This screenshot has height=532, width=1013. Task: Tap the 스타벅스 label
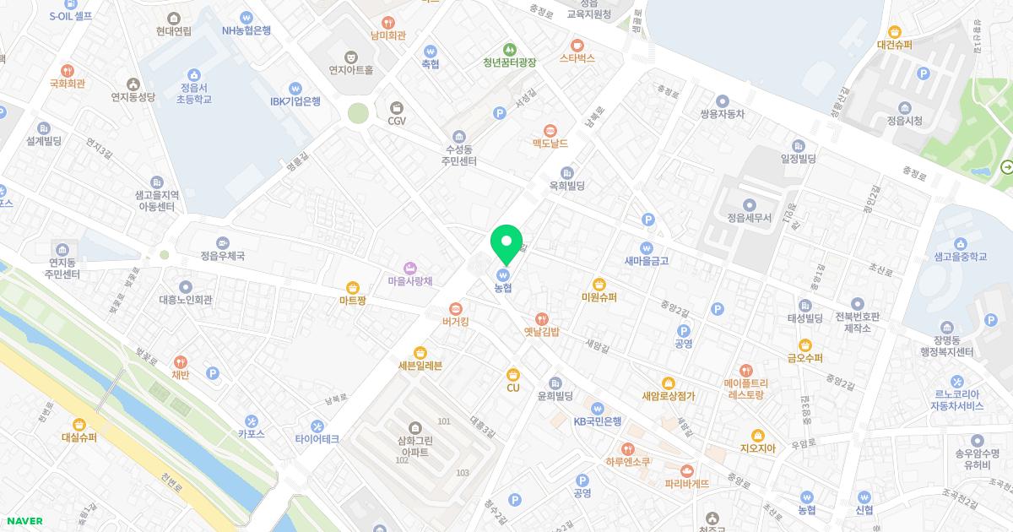[577, 58]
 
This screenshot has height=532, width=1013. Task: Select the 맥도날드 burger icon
[550, 130]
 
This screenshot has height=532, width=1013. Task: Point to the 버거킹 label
[455, 322]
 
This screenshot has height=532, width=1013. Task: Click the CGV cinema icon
[397, 107]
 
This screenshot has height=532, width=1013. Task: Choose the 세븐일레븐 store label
[420, 366]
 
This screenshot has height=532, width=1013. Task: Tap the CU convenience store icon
[512, 374]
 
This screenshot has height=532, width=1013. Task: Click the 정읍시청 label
[904, 121]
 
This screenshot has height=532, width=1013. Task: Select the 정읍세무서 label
[749, 217]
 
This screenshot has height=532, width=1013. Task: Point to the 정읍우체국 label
[222, 255]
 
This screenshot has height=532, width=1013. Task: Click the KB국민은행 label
[598, 421]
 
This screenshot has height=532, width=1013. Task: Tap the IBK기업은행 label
[295, 101]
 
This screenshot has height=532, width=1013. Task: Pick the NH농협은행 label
[246, 30]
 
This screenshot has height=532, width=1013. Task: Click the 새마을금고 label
[647, 261]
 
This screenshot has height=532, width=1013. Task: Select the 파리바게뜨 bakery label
[687, 484]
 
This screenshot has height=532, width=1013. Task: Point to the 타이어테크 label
[317, 439]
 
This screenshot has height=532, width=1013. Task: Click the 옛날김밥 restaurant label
[541, 332]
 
